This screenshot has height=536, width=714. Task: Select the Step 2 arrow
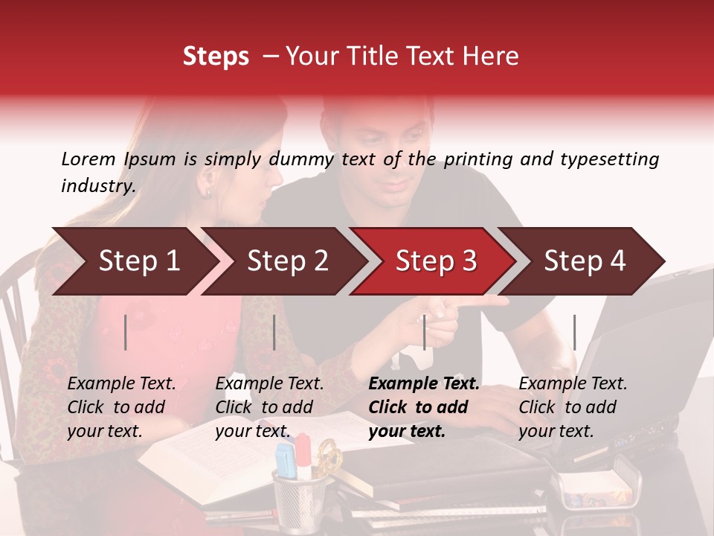[x=283, y=261]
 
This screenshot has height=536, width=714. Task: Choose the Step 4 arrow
[x=585, y=261]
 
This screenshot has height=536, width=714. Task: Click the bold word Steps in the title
[x=216, y=57]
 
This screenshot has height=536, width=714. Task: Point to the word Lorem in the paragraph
[x=89, y=159]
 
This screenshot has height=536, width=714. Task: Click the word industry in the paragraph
[x=97, y=185]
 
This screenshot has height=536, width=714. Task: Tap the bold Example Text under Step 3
[x=424, y=384]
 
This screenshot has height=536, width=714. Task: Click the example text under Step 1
[x=121, y=407]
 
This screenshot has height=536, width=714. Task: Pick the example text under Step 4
[x=573, y=407]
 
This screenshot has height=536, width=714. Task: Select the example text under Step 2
[x=269, y=407]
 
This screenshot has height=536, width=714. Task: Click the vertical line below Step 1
[x=126, y=332]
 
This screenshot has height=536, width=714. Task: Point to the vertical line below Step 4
[x=574, y=332]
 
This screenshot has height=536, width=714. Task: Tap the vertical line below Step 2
[x=274, y=332]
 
